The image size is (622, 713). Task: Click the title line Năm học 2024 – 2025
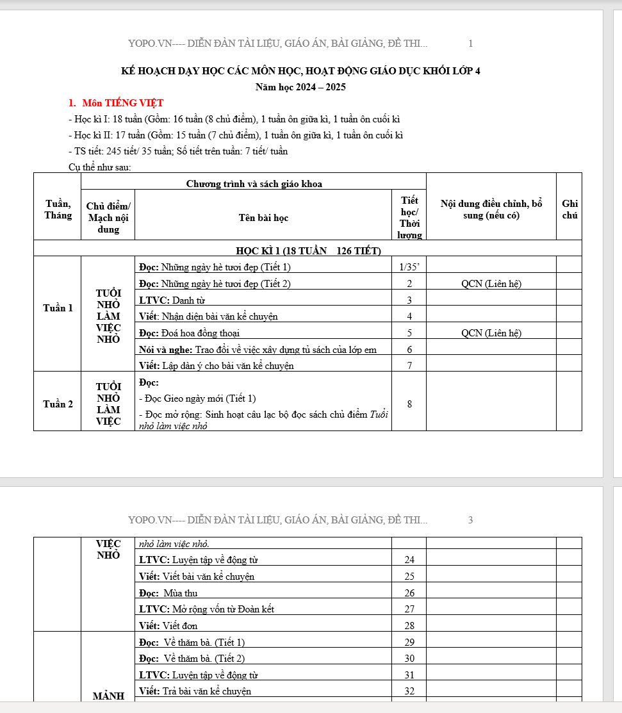pyautogui.click(x=300, y=87)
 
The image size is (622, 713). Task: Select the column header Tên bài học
pyautogui.click(x=263, y=218)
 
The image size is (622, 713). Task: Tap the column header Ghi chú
pyautogui.click(x=569, y=209)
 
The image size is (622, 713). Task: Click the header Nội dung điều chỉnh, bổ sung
pyautogui.click(x=491, y=209)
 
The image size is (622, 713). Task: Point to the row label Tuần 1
pyautogui.click(x=58, y=308)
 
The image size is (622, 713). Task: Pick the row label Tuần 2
pyautogui.click(x=58, y=404)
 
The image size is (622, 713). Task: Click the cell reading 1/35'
pyautogui.click(x=409, y=267)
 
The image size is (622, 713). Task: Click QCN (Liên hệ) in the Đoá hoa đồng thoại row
pyautogui.click(x=491, y=333)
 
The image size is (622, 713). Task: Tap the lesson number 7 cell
pyautogui.click(x=409, y=366)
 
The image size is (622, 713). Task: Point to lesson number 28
pyautogui.click(x=409, y=626)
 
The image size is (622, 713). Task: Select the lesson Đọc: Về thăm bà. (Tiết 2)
pyautogui.click(x=192, y=659)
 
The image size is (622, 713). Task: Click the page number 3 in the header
pyautogui.click(x=470, y=520)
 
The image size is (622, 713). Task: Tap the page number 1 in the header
pyautogui.click(x=470, y=44)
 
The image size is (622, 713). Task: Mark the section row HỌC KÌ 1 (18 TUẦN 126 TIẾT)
pyautogui.click(x=308, y=250)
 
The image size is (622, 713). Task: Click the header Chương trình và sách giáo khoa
pyautogui.click(x=254, y=184)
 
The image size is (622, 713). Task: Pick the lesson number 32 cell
pyautogui.click(x=409, y=691)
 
